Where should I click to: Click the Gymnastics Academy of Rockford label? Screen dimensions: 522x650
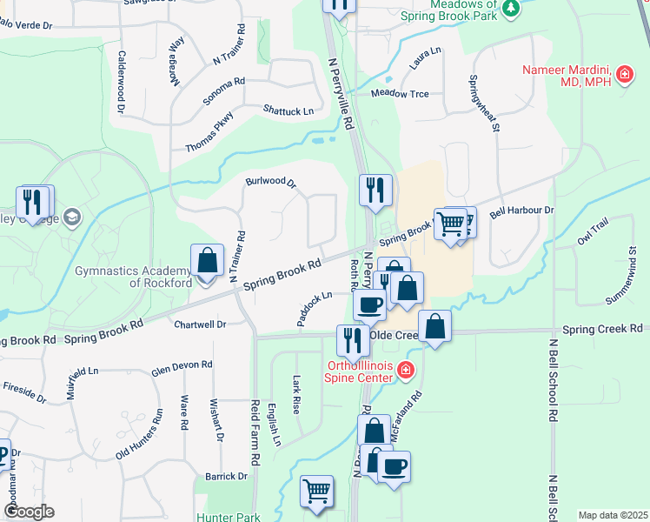[x=134, y=277]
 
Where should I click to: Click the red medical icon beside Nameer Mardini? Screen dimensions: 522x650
[x=624, y=77]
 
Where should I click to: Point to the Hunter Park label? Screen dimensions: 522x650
[x=229, y=517]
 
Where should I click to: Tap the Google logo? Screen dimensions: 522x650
[x=28, y=512]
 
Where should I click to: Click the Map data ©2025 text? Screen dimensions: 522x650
[x=613, y=515]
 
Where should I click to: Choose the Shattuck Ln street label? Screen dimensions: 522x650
[x=289, y=110]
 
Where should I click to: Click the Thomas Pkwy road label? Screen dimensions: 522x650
[x=209, y=133]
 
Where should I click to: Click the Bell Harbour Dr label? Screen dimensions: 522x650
[x=521, y=211]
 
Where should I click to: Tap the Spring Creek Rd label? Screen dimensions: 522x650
[x=601, y=329]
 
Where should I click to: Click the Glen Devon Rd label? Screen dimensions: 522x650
[x=182, y=367]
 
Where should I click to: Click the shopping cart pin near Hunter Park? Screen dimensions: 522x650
[x=317, y=492]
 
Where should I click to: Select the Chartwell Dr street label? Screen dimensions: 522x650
[x=200, y=324]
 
